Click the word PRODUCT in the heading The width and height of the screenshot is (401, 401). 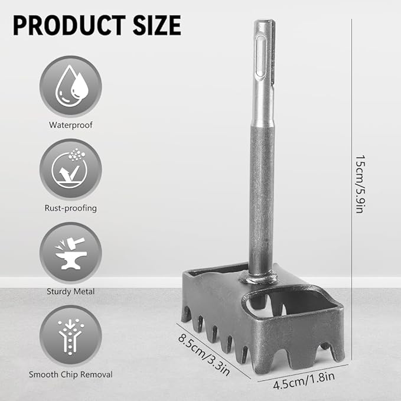[69, 25]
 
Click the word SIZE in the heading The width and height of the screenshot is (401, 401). [157, 25]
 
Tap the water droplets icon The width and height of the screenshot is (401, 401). [71, 86]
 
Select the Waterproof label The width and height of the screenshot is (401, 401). [71, 125]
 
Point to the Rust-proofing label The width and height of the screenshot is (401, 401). [71, 208]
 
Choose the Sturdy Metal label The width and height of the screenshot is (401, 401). [71, 292]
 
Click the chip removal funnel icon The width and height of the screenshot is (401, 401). [71, 336]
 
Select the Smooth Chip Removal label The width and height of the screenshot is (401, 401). [71, 374]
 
